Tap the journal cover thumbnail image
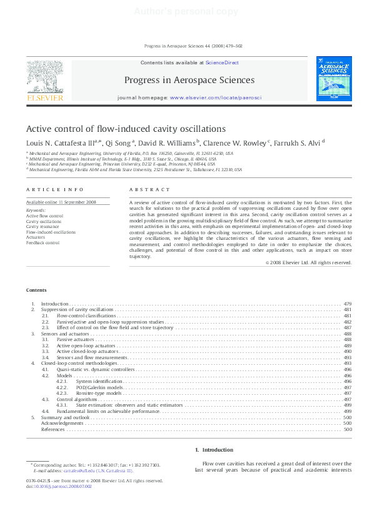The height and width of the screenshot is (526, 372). point(334,79)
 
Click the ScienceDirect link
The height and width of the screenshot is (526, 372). point(222,62)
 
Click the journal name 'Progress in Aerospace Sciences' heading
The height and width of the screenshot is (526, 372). point(189,80)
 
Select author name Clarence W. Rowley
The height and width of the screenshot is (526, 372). point(240,142)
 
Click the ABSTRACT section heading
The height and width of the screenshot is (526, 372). point(149,189)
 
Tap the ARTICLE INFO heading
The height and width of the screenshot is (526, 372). point(46,189)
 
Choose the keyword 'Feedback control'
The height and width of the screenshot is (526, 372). point(43,242)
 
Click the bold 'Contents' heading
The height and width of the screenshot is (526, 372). point(36,290)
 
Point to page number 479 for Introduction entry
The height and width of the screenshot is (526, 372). point(347,304)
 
